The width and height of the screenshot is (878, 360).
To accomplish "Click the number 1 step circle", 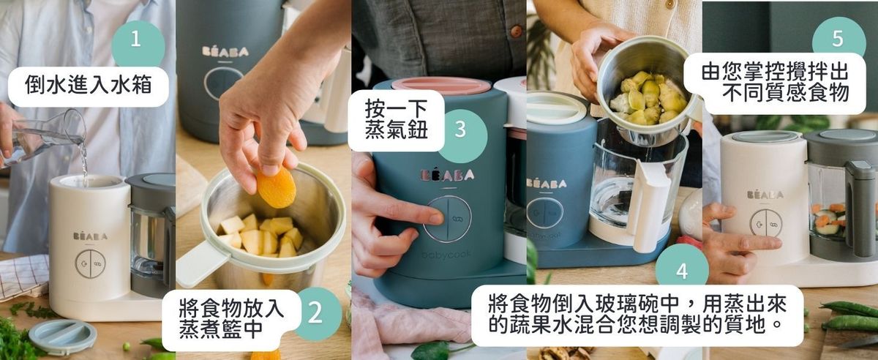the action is click(x=138, y=42).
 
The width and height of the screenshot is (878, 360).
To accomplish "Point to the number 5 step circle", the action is click(x=838, y=37).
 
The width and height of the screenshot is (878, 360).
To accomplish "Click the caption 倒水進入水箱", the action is click(x=89, y=86).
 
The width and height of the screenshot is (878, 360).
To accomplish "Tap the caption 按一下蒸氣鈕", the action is click(x=396, y=119).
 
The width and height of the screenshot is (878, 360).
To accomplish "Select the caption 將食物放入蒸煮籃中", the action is click(x=231, y=318).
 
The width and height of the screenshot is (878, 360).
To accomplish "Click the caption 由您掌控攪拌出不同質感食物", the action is click(x=775, y=83).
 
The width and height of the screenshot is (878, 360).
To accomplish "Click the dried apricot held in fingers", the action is click(x=276, y=187).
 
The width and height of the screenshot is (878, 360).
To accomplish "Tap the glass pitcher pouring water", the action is click(x=45, y=138).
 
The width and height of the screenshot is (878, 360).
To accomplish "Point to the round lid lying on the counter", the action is click(x=63, y=337).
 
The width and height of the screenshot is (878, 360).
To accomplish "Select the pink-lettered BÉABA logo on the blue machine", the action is click(x=448, y=175).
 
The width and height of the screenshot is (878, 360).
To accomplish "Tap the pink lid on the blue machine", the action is click(x=441, y=85).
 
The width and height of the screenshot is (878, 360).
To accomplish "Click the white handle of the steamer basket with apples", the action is click(x=203, y=262).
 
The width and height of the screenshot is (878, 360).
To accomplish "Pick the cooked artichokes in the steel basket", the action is click(x=650, y=97).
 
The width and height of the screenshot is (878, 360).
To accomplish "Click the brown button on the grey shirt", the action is click(x=517, y=31).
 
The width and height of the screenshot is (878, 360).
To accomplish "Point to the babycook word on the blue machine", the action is click(x=446, y=255).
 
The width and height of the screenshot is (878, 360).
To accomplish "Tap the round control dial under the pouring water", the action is click(x=90, y=263).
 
